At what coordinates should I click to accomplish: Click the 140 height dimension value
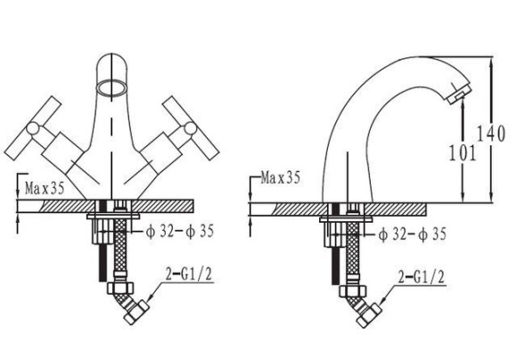tap(491, 134)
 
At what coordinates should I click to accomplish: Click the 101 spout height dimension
tap(463, 152)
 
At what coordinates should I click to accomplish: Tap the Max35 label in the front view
tap(45, 189)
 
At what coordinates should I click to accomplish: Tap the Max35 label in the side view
tap(280, 177)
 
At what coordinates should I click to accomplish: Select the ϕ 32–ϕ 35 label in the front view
tap(180, 231)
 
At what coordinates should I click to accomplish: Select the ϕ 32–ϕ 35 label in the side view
tap(412, 234)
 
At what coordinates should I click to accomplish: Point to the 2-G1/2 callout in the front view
tap(189, 274)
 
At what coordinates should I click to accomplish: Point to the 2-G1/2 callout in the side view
tap(422, 277)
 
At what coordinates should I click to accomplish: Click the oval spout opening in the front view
tap(111, 87)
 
